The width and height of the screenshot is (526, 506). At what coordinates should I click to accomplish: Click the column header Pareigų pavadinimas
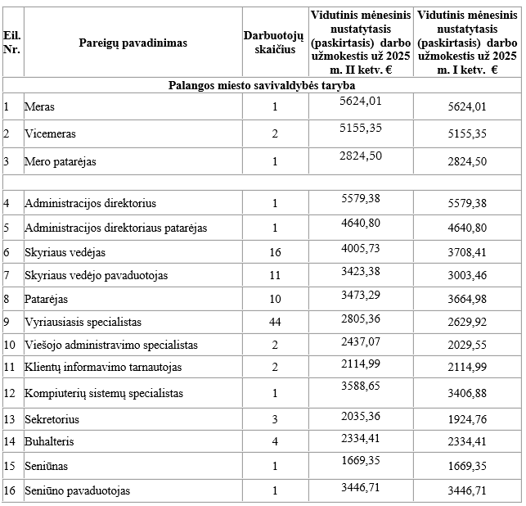[133, 43]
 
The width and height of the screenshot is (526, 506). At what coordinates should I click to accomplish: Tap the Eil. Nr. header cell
[11, 43]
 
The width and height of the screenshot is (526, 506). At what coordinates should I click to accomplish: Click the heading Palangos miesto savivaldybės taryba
[262, 84]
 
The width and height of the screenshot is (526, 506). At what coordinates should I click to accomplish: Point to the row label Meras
[40, 106]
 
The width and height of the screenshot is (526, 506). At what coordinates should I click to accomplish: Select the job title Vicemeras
[49, 133]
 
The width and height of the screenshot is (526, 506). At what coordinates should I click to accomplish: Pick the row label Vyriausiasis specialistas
[83, 322]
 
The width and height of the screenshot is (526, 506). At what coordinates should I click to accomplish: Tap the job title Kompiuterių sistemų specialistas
[104, 393]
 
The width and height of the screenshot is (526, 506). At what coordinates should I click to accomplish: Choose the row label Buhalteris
[49, 443]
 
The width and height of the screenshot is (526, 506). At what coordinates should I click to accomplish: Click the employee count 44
[275, 322]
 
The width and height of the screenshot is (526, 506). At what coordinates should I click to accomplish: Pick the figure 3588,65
[360, 384]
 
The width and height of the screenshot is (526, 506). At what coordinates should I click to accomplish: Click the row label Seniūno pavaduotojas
[78, 490]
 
